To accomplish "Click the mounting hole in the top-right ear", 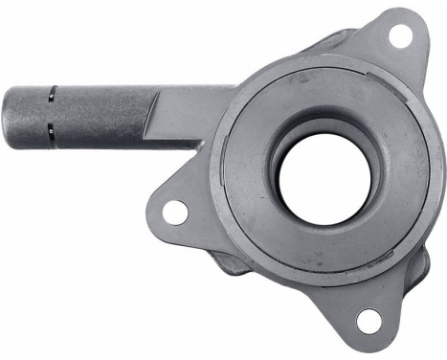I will tap(400, 36).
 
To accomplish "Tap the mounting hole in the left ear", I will tap(175, 212).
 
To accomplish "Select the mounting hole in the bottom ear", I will tap(368, 322).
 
